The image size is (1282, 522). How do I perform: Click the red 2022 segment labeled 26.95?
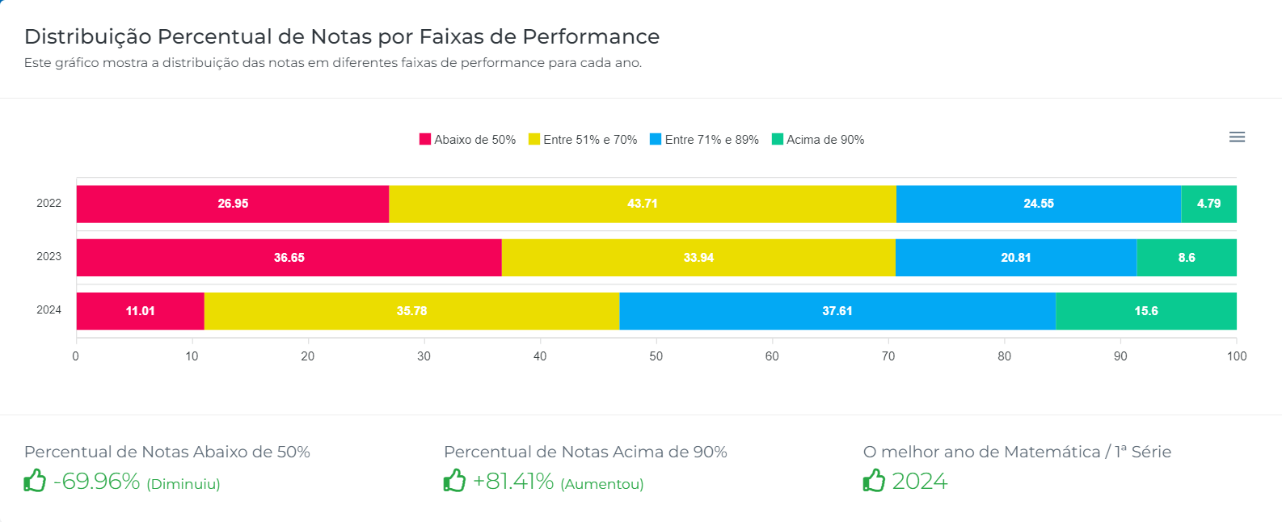(x=233, y=204)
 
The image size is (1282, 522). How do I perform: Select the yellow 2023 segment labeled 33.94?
(x=698, y=258)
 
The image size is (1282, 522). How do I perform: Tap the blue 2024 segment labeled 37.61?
(x=837, y=311)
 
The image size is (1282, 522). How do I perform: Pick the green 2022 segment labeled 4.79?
(x=1208, y=204)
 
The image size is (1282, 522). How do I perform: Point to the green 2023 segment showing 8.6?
(x=1186, y=258)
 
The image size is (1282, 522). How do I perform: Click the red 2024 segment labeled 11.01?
(x=140, y=311)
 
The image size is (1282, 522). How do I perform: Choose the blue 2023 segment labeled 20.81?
(x=1015, y=258)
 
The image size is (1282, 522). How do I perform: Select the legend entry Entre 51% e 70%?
(x=583, y=140)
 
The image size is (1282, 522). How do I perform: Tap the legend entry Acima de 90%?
(x=818, y=140)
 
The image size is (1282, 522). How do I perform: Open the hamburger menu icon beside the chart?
(x=1237, y=137)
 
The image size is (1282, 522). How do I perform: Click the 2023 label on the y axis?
(x=48, y=257)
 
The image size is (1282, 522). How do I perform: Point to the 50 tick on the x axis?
(x=656, y=356)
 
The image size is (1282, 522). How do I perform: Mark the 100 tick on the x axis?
(x=1236, y=356)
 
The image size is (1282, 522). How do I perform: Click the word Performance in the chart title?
(x=590, y=37)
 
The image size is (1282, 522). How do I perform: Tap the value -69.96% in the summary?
(x=97, y=482)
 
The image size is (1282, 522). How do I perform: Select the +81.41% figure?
(x=513, y=482)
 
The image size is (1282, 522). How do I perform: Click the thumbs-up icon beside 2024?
(x=874, y=481)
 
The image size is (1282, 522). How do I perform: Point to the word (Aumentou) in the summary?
(x=602, y=484)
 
